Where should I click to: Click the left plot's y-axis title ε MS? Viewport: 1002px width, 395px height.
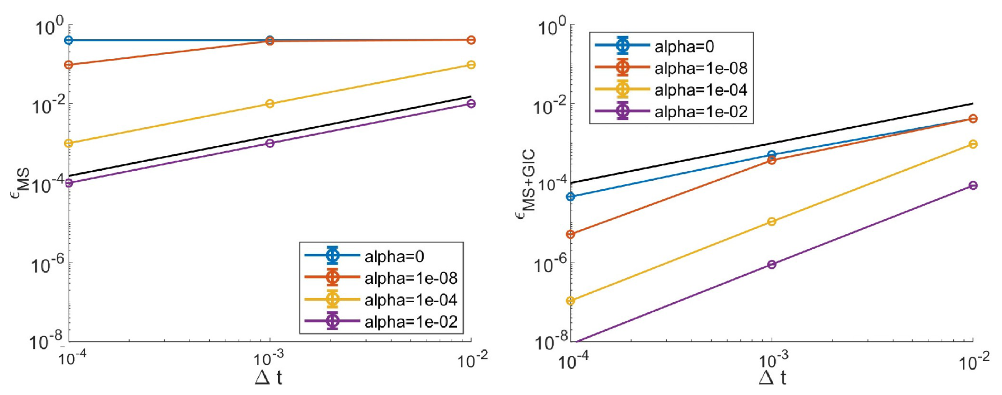[21, 183]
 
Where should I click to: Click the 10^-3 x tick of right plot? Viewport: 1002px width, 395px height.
[773, 361]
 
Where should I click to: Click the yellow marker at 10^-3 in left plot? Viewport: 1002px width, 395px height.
[270, 103]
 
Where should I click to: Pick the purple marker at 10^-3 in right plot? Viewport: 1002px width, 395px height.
[772, 264]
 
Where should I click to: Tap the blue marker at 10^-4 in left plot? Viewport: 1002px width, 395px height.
[68, 40]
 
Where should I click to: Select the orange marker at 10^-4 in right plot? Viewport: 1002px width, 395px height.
[570, 234]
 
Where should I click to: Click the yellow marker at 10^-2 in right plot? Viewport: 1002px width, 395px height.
[973, 144]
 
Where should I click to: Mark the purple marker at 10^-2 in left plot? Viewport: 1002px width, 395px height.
[471, 103]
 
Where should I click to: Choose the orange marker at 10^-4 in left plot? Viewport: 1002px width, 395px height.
[68, 65]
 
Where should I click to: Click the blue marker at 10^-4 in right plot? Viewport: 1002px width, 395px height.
[570, 197]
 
